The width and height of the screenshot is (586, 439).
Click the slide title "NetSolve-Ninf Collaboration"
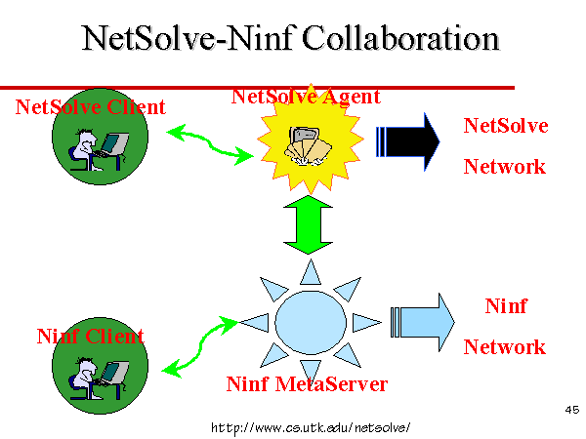(x=290, y=38)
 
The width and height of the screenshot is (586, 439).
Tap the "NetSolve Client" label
(x=91, y=107)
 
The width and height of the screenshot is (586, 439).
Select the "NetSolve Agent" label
(x=306, y=97)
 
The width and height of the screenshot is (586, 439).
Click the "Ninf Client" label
(x=91, y=336)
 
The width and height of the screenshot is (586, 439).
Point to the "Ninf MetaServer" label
(x=307, y=383)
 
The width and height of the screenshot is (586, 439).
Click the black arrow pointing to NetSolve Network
(x=407, y=141)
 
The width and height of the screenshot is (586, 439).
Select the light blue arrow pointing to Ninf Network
(x=422, y=322)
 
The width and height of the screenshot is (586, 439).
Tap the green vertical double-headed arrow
(x=308, y=224)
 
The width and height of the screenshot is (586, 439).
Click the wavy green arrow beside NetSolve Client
(x=210, y=144)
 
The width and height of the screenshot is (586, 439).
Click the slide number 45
(x=571, y=410)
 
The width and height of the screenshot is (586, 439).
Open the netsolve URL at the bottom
(x=311, y=427)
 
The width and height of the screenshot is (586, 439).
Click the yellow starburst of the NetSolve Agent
(x=311, y=139)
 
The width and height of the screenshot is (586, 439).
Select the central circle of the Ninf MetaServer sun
(x=311, y=323)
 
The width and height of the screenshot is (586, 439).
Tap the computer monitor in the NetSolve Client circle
(x=115, y=143)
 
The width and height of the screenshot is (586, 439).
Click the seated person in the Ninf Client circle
(x=83, y=378)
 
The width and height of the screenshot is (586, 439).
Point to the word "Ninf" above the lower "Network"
(x=506, y=306)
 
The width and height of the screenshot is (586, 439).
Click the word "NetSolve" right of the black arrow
(x=506, y=126)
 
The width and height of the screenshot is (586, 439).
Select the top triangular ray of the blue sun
(x=311, y=273)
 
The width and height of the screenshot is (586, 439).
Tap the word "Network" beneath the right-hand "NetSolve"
(x=505, y=167)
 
